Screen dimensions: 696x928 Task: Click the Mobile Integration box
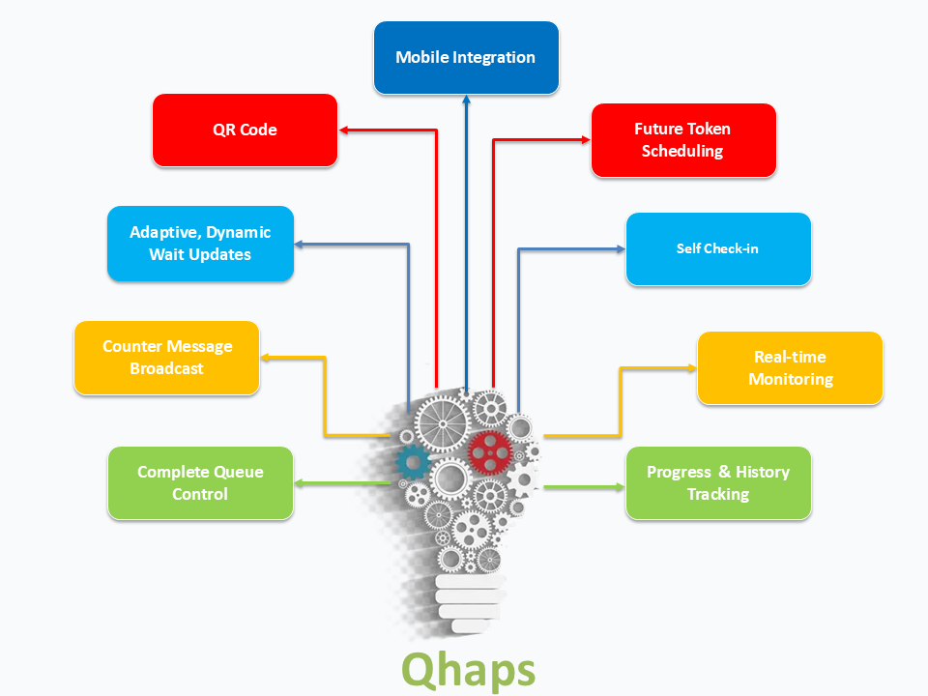465,57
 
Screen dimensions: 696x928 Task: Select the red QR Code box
245,130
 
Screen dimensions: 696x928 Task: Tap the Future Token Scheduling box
682,140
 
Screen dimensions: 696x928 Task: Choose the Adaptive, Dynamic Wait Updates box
200,244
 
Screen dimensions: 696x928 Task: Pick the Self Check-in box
717,248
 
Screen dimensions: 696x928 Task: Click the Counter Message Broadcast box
166,358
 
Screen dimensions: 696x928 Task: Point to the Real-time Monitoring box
790,368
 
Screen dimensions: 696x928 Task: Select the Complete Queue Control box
200,482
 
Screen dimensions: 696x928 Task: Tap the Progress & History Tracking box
717,482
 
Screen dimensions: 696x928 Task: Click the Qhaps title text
467,669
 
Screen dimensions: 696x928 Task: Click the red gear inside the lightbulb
489,449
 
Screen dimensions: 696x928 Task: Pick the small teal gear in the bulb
412,461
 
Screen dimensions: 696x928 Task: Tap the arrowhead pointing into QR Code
343,130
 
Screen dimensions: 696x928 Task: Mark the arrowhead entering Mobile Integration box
466,99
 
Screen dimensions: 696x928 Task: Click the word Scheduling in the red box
682,151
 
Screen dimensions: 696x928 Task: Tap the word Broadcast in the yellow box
166,368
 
